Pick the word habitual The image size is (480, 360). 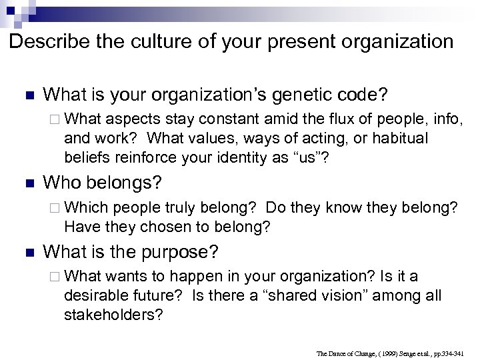[x=392, y=138]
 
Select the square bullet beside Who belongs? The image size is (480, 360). [x=26, y=182]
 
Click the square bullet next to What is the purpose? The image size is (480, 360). [x=26, y=252]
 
